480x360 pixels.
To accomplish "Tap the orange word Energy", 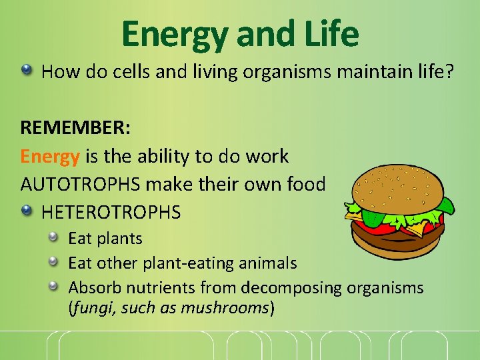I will click(x=50, y=157).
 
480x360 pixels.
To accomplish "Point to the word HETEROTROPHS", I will click(x=111, y=213).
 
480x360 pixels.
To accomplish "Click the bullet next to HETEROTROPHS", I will click(x=26, y=211).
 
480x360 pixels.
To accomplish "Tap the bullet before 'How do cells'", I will click(x=26, y=69).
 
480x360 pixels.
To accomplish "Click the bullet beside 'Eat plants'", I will click(x=53, y=237).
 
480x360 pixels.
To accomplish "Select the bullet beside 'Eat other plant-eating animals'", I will click(x=53, y=262).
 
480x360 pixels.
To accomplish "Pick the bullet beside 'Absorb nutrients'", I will click(x=53, y=287).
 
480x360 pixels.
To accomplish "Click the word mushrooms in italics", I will click(x=230, y=309).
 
